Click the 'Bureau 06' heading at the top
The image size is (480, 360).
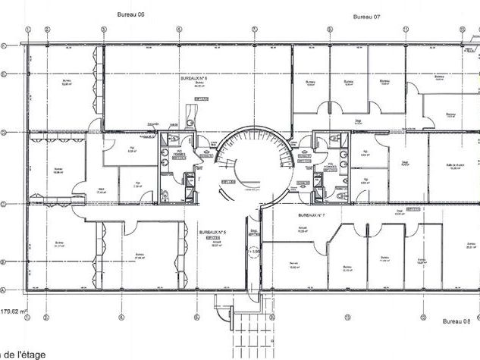[130, 14]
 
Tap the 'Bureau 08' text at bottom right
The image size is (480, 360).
[456, 321]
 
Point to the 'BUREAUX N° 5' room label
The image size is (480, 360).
[212, 232]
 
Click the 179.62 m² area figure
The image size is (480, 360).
[14, 311]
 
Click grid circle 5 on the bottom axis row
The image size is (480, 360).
[196, 316]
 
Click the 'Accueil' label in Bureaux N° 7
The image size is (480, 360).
[302, 228]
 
